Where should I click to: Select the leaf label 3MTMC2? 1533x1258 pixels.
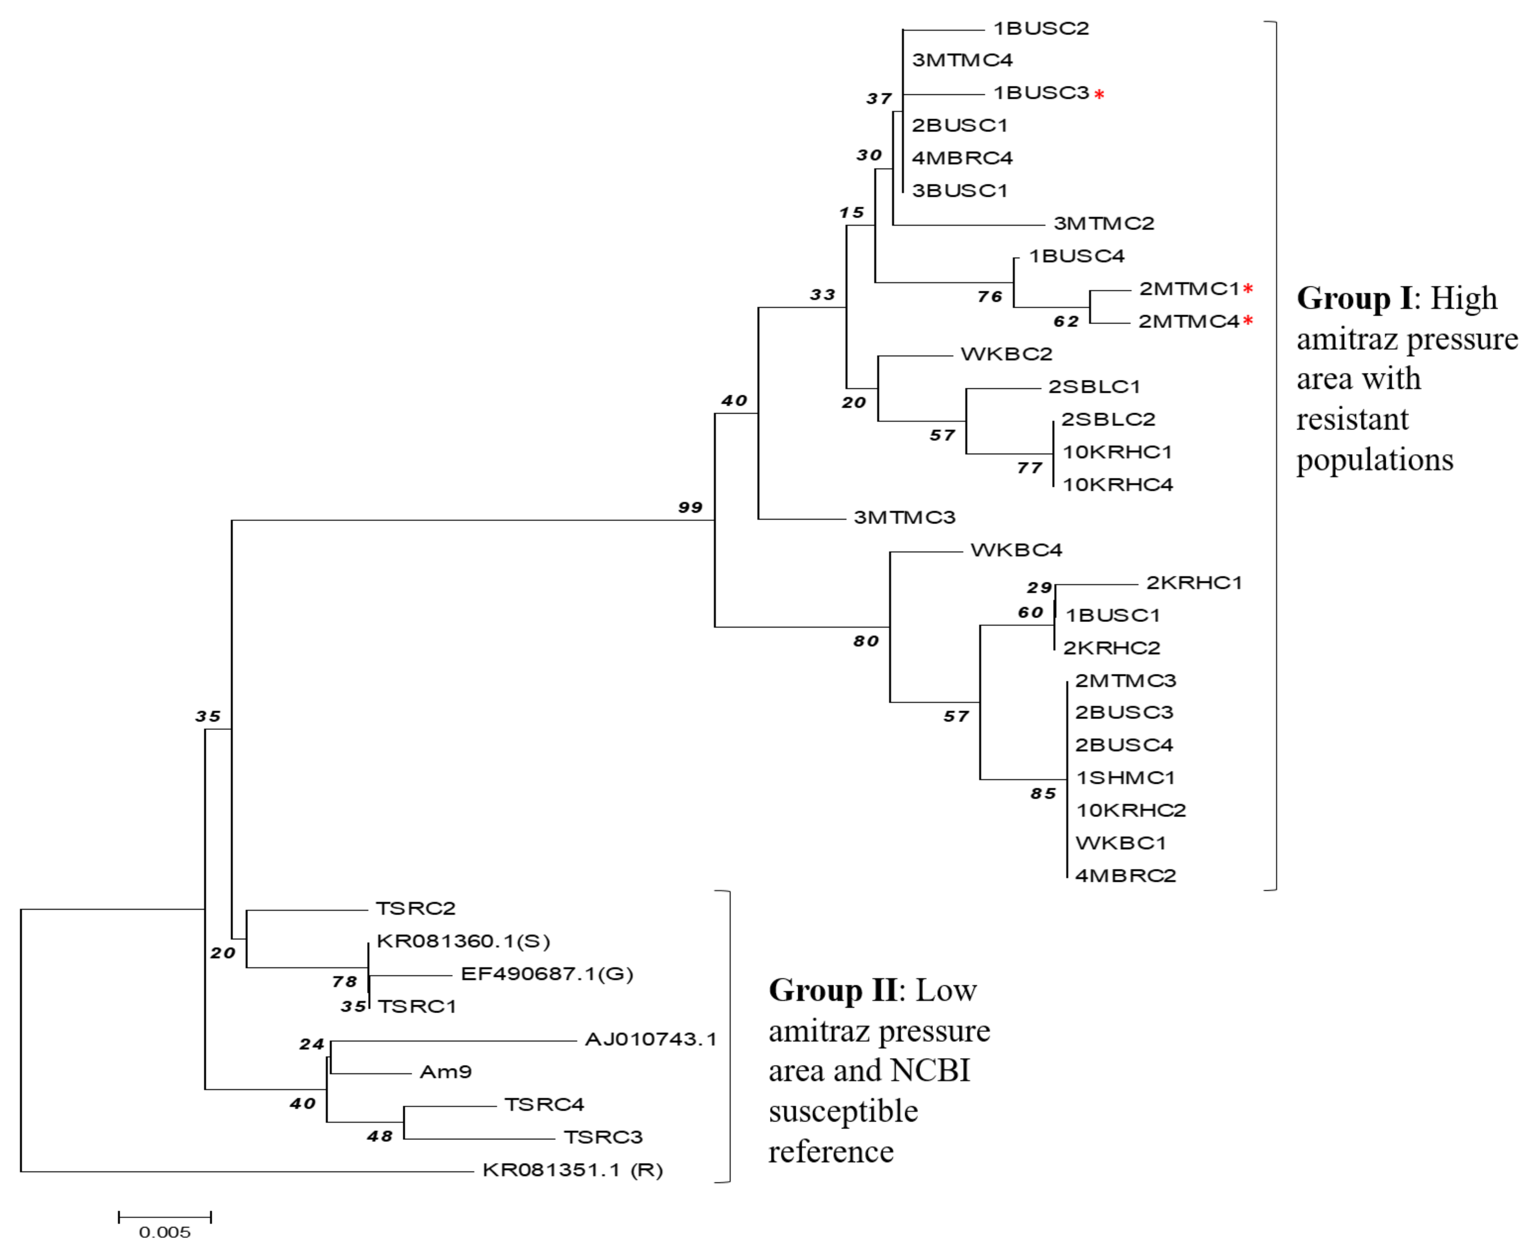coord(1103,223)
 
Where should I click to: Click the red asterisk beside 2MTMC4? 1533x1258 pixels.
coord(1248,320)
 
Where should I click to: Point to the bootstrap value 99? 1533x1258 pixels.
coord(690,507)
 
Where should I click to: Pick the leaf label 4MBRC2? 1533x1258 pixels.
coord(1125,875)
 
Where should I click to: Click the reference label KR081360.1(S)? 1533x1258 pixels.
coord(463,941)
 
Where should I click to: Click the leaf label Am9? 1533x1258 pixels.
coord(446,1072)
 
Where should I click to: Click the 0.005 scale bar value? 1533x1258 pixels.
coord(164,1232)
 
